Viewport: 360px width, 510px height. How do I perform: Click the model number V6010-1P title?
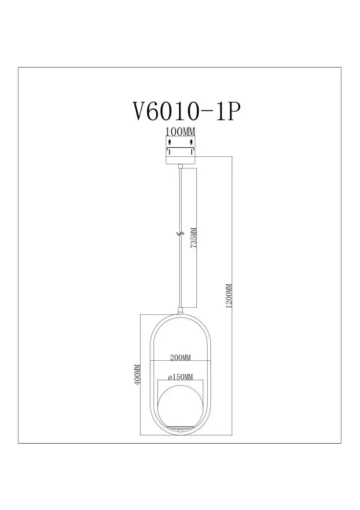[187, 112]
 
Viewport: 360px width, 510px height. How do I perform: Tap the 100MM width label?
[180, 132]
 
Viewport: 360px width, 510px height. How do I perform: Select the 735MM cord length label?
[194, 238]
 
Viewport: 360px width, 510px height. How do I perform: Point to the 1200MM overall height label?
[229, 296]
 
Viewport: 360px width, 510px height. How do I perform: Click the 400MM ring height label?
[138, 375]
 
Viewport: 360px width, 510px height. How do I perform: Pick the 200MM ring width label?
[180, 358]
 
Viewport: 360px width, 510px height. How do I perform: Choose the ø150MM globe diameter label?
[180, 377]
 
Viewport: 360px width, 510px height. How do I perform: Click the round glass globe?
[180, 405]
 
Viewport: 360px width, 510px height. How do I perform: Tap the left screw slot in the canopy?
[169, 142]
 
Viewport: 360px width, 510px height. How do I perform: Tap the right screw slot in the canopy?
[192, 142]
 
